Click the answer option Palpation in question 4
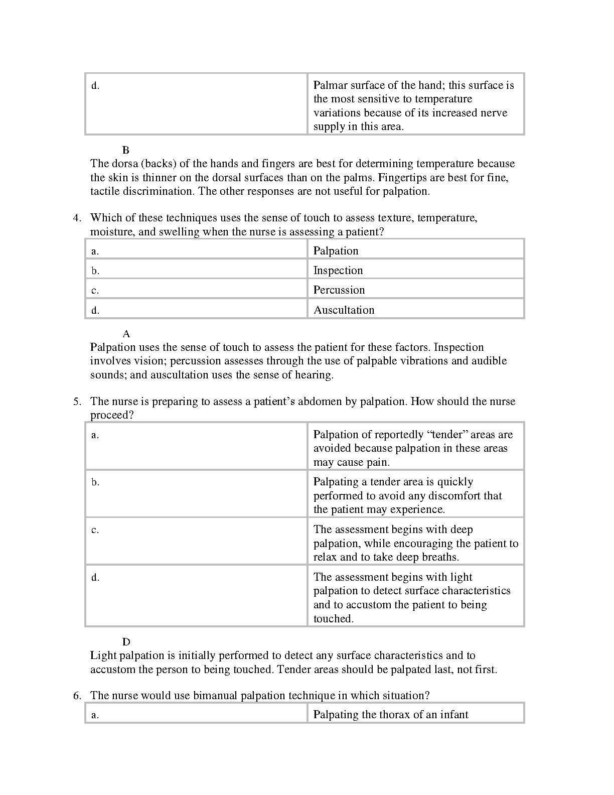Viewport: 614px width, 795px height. [336, 251]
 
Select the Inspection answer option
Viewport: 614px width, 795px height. [338, 271]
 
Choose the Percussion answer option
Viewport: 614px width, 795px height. [339, 290]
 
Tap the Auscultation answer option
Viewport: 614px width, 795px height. [344, 310]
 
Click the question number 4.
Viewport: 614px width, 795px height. [77, 218]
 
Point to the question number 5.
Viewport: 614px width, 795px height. [77, 402]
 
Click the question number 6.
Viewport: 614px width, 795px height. [77, 696]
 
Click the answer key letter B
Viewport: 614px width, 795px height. [126, 150]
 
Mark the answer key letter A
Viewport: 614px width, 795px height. [126, 334]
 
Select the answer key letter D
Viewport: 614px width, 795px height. [126, 642]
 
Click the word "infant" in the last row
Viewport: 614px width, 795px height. [453, 715]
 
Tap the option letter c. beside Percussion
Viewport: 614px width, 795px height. [95, 291]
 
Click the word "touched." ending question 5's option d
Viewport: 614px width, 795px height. [334, 619]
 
